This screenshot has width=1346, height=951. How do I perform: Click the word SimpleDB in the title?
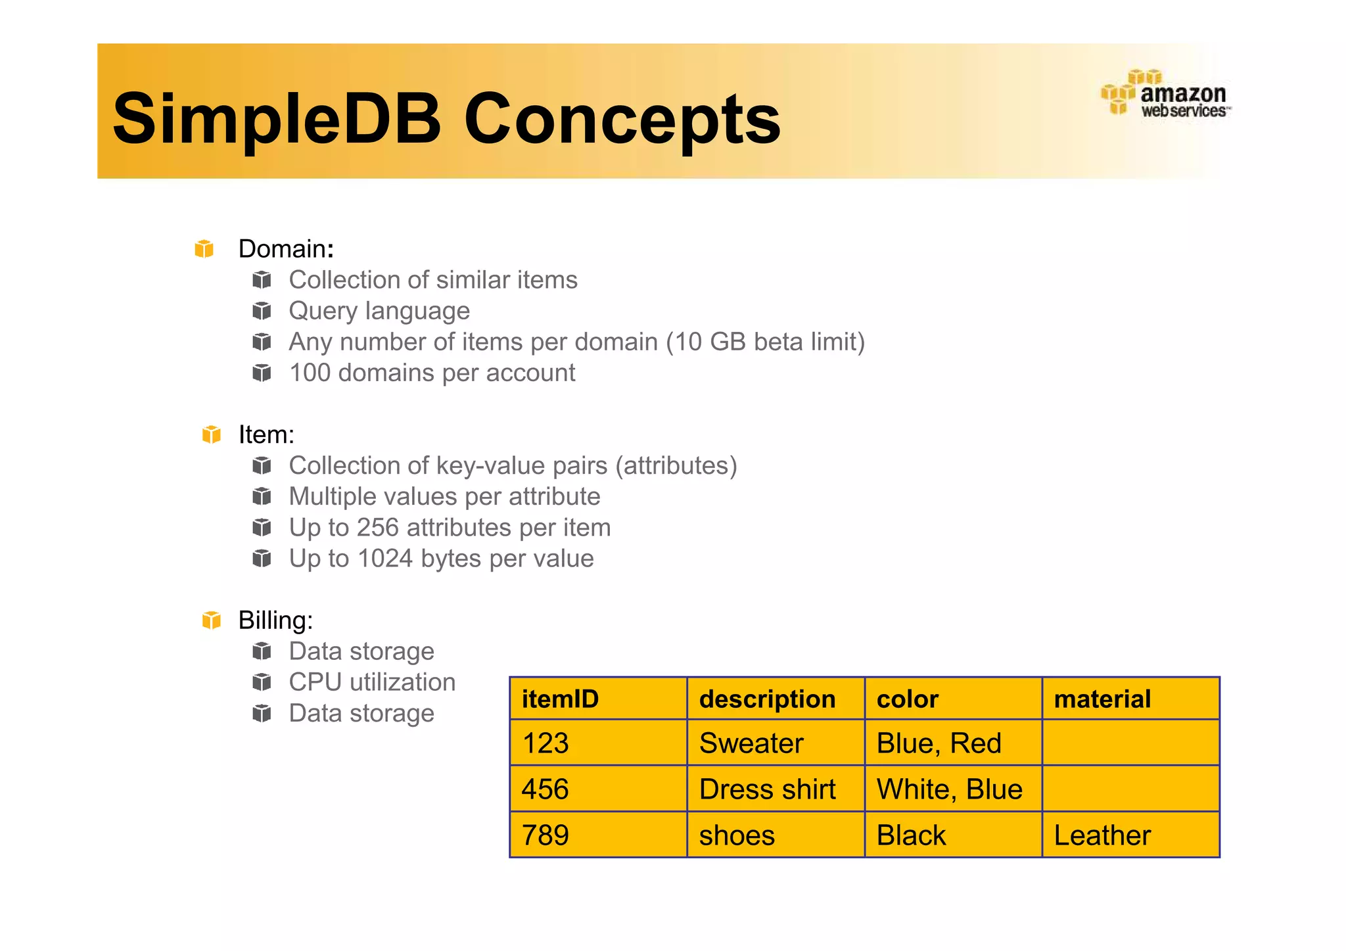pos(276,119)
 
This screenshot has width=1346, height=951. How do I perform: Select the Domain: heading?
pos(286,249)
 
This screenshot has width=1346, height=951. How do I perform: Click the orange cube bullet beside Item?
pos(211,434)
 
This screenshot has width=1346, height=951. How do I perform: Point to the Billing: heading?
pos(275,620)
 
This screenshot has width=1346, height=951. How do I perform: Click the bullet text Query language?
pos(379,311)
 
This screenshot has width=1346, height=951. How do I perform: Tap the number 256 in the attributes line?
pos(378,528)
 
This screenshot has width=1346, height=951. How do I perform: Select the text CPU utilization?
pos(372,682)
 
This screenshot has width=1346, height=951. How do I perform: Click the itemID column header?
pos(560,699)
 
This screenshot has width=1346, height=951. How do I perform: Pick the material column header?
pos(1102,699)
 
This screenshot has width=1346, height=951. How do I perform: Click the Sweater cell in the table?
pos(751,743)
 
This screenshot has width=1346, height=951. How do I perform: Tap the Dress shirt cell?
pos(767,789)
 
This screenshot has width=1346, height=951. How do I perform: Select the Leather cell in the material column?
pos(1102,835)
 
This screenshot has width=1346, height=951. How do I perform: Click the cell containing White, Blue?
pos(949,789)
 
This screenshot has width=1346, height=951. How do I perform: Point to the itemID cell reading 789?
pos(545,835)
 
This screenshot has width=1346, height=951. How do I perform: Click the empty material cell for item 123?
pos(1130,743)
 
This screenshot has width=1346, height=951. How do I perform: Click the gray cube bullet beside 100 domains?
pos(262,373)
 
